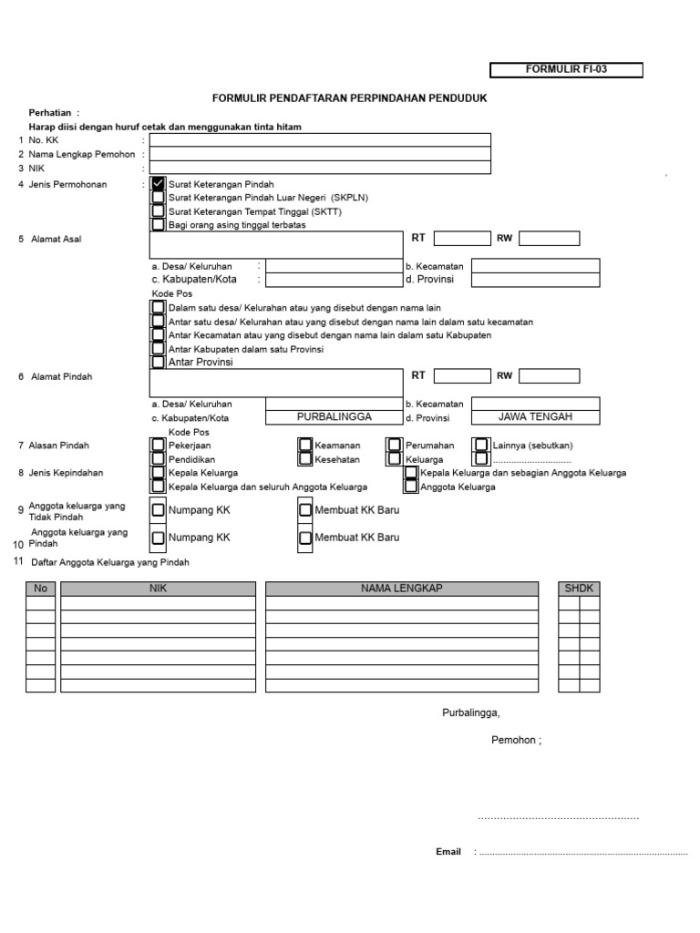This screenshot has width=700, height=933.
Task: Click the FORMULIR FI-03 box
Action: click(x=566, y=70)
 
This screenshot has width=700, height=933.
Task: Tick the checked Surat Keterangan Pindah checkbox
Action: click(x=159, y=184)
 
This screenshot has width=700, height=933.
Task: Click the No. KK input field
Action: click(x=320, y=139)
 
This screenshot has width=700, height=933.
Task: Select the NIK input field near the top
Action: click(x=320, y=167)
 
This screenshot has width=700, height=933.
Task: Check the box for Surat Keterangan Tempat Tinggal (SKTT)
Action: click(x=159, y=210)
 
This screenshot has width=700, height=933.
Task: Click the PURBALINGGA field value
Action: click(x=334, y=416)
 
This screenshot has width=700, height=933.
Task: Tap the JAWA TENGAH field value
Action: click(x=535, y=416)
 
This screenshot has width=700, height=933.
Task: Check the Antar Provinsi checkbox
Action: click(x=159, y=362)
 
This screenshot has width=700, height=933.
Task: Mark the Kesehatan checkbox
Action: click(x=306, y=459)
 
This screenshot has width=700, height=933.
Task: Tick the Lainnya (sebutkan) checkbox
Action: click(x=481, y=446)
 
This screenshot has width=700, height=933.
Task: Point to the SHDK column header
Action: click(x=579, y=589)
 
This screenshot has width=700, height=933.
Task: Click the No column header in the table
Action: click(x=40, y=589)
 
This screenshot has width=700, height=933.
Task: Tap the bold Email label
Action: click(x=448, y=852)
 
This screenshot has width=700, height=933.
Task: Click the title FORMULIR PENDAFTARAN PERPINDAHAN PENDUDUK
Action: click(x=350, y=97)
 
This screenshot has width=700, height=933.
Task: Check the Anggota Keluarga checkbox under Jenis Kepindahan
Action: click(x=411, y=487)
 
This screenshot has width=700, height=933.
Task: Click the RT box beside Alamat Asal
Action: click(x=461, y=239)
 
